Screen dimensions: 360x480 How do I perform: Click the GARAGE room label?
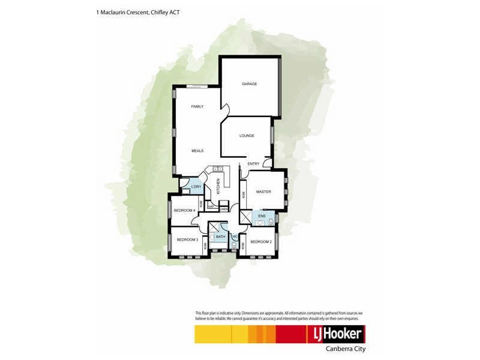point(250,84)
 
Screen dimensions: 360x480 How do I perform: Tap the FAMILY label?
point(197,106)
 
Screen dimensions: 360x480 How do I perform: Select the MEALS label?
point(197,151)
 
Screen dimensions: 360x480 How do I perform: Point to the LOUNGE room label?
point(247,136)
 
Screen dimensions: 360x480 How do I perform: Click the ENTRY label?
point(253,164)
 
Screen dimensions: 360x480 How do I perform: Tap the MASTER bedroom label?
point(263,192)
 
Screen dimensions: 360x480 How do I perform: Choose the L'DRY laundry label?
point(196,188)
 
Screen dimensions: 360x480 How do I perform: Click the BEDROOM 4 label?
point(184,210)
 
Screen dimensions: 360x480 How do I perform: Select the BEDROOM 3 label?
point(187,239)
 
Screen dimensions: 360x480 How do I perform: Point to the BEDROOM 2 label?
point(261,242)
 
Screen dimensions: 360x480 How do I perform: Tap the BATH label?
point(220,238)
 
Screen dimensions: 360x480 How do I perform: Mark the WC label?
point(235,236)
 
